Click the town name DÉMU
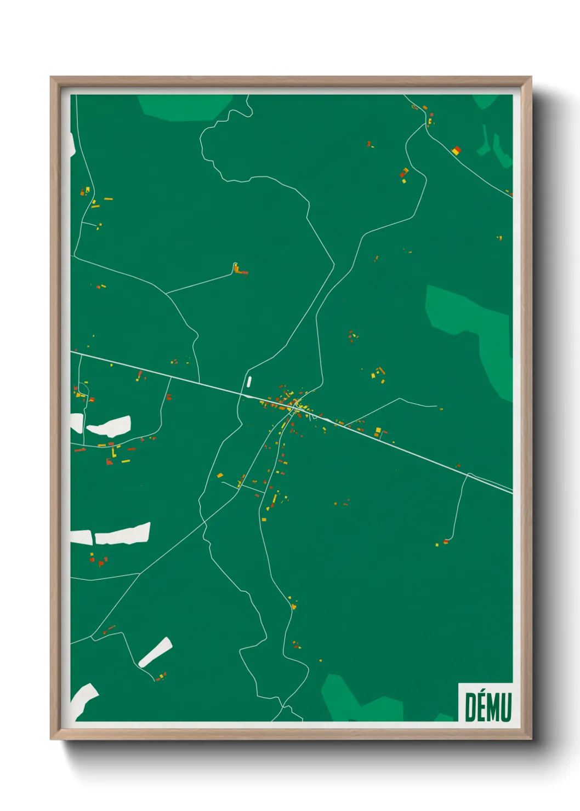(x=488, y=706)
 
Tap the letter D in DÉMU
(x=470, y=707)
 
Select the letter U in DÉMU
(x=505, y=707)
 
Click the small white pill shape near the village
(x=249, y=381)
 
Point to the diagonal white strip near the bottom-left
(x=155, y=652)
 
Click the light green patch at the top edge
(x=185, y=107)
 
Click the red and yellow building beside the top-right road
(x=456, y=150)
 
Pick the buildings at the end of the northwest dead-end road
(x=240, y=270)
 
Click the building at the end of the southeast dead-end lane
(x=446, y=541)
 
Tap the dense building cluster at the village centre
(x=288, y=404)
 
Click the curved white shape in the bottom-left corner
(x=82, y=699)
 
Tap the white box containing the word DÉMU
(x=486, y=703)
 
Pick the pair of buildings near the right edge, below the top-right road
(x=499, y=238)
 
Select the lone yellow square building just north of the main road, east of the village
(x=378, y=430)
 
